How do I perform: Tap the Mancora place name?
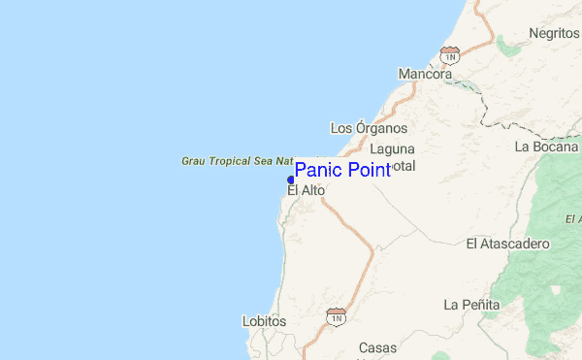coord(425,74)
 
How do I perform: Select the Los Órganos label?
coord(369,128)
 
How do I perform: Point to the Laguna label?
coord(392,149)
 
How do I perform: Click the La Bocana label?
coord(547,147)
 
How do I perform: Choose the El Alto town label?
coord(306,191)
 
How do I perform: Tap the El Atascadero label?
coord(508,243)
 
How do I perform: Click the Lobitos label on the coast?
coord(264,320)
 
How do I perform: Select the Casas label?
coord(377,347)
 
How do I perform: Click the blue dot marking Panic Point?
coord(291,180)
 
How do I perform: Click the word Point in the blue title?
coord(364,170)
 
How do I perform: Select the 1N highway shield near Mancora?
coord(449,52)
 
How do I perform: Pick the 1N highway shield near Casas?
coord(337,316)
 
